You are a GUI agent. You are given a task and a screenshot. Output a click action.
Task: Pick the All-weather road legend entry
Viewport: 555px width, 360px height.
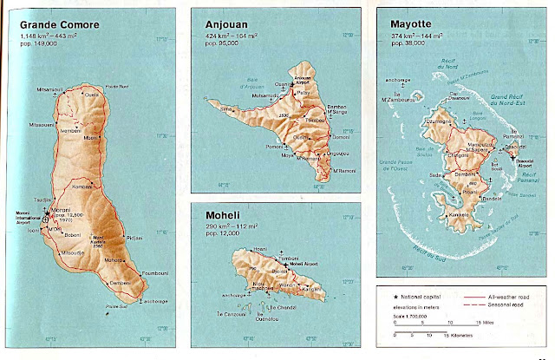click(504, 294)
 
